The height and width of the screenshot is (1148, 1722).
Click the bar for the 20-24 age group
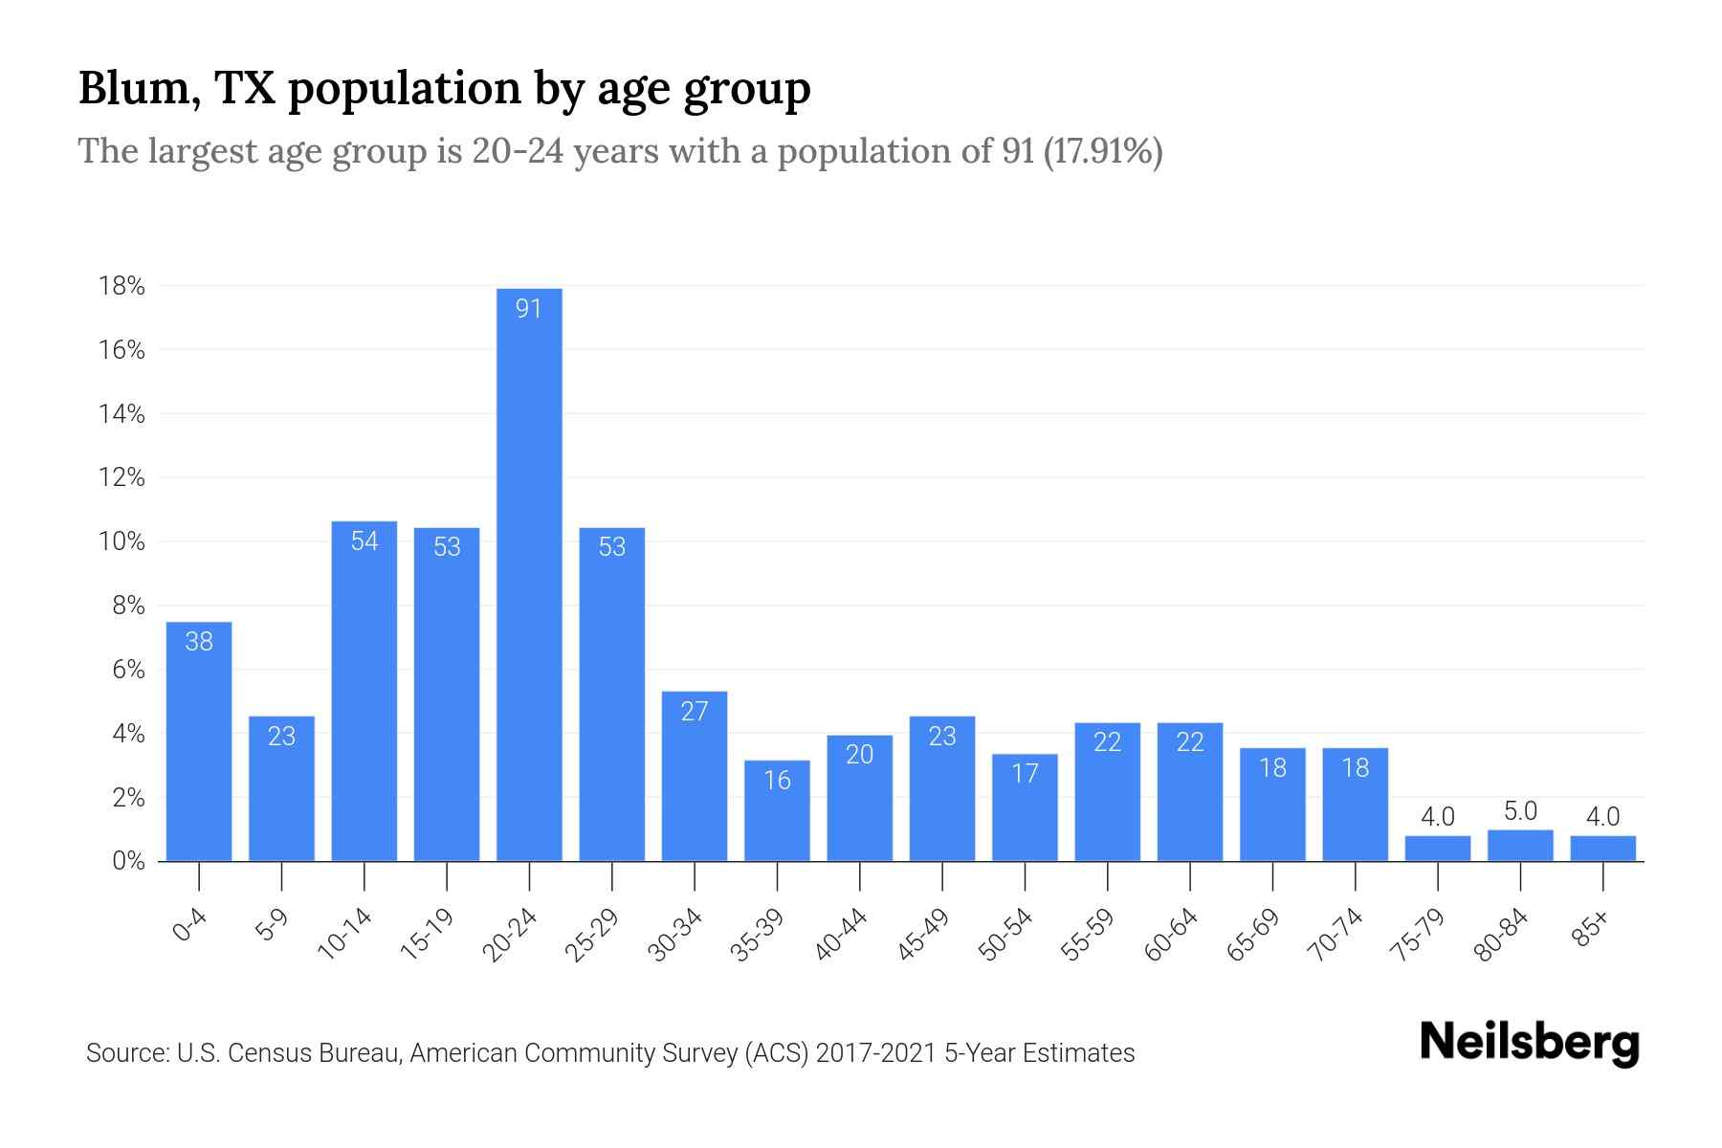(529, 574)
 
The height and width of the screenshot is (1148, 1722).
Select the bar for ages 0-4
(199, 741)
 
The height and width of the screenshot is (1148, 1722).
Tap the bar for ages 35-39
(777, 811)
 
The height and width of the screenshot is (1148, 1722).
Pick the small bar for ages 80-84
(1520, 846)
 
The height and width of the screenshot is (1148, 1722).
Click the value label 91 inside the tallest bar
(529, 308)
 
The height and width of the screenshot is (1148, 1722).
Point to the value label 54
(364, 541)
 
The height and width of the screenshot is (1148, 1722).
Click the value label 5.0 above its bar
(1520, 811)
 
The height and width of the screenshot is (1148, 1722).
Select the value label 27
(695, 711)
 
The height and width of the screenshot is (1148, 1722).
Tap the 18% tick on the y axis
(121, 286)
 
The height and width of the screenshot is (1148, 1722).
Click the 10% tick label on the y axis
(121, 541)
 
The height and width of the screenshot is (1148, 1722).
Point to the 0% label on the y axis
(128, 861)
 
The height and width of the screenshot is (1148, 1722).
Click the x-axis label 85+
(1592, 929)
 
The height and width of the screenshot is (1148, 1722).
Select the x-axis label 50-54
(1006, 935)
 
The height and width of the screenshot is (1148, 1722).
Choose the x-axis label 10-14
(345, 935)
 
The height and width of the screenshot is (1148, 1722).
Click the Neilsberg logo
(1529, 1042)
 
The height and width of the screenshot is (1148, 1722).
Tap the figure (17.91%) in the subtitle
(1102, 151)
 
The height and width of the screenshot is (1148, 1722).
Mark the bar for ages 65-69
(1272, 805)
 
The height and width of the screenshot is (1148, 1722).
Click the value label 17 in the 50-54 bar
(1025, 773)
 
